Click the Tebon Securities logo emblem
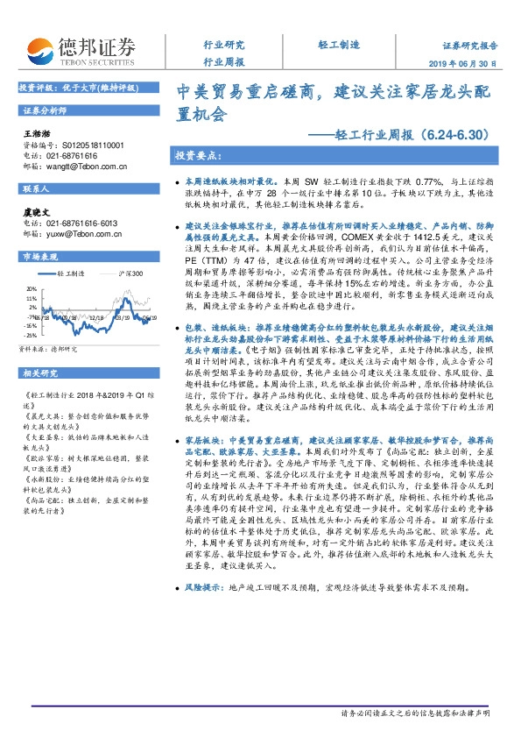click(41, 49)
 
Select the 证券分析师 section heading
click(46, 111)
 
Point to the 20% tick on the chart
click(31, 286)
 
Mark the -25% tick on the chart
click(31, 335)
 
